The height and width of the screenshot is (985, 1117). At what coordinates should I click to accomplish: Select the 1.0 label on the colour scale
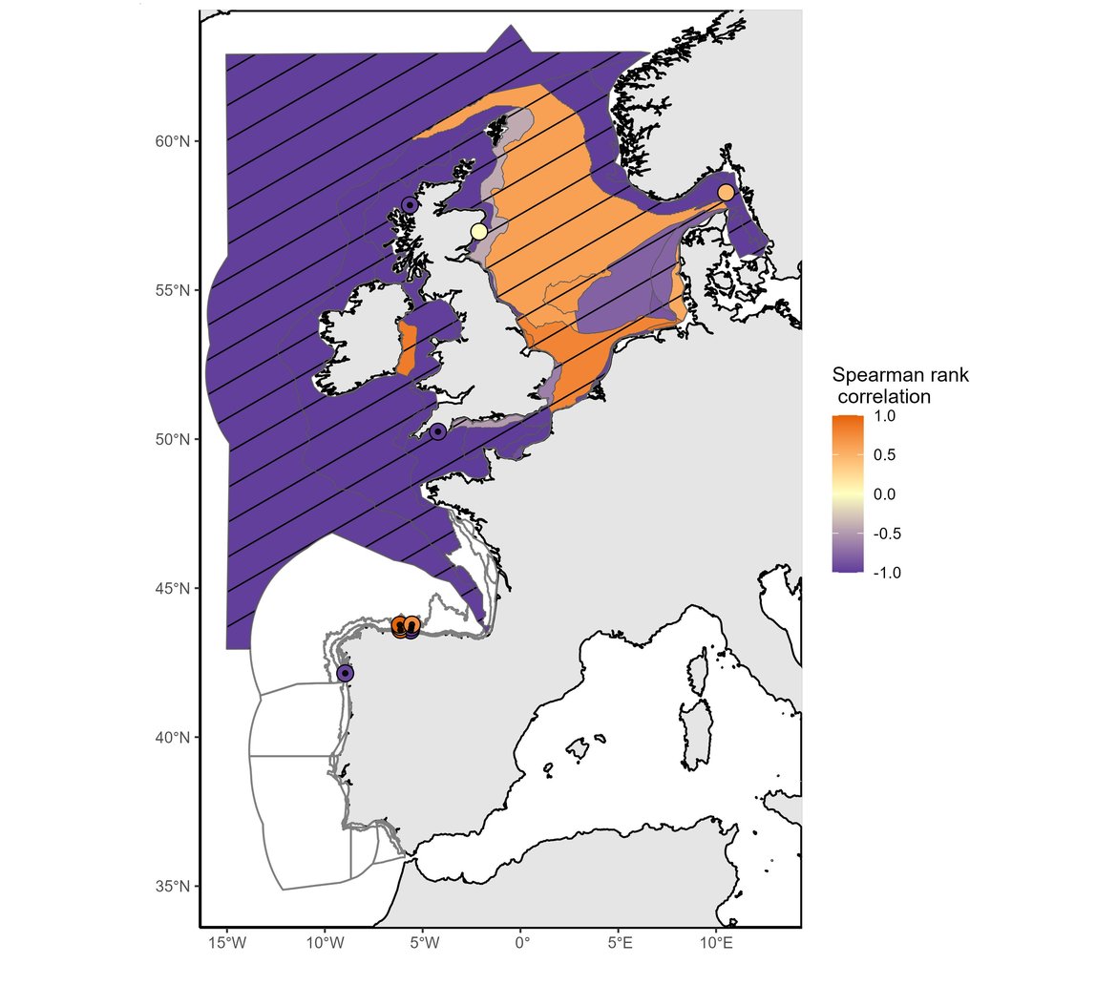884,417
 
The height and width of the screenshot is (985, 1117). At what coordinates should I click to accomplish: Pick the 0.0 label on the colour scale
884,494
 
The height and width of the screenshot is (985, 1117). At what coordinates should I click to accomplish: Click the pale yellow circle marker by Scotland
479,232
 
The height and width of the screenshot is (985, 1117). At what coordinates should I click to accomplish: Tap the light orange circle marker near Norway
726,193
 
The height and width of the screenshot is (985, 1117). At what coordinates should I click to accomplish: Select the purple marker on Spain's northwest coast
345,673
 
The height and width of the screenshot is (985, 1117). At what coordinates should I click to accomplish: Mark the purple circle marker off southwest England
437,431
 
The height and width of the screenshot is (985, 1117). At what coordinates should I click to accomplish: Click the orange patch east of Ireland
407,348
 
